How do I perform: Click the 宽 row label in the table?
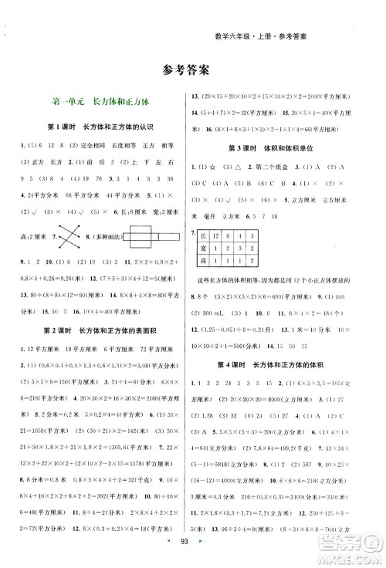(x=204, y=248)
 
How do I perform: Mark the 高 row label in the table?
(x=204, y=263)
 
